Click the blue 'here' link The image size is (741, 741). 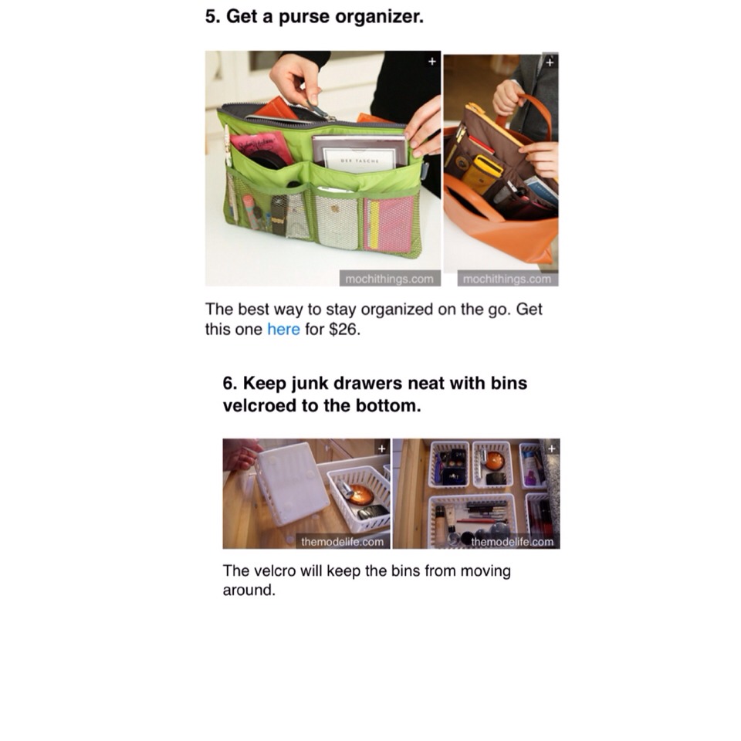coord(283,329)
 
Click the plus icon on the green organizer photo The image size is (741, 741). coord(431,62)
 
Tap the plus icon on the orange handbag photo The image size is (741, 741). coord(550,62)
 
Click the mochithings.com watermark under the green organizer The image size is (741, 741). coord(389,279)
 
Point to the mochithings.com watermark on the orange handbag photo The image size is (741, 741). coord(507,279)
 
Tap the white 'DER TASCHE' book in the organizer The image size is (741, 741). coord(359,154)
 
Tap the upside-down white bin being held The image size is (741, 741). coord(292,482)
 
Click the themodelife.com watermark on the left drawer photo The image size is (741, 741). coord(342,542)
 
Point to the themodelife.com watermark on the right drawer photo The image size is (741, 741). coord(513,542)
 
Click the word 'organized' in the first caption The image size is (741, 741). coord(397,310)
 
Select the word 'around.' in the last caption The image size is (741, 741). coord(249,590)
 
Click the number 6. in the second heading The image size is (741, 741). coord(230,384)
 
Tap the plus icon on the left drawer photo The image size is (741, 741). coord(382,448)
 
